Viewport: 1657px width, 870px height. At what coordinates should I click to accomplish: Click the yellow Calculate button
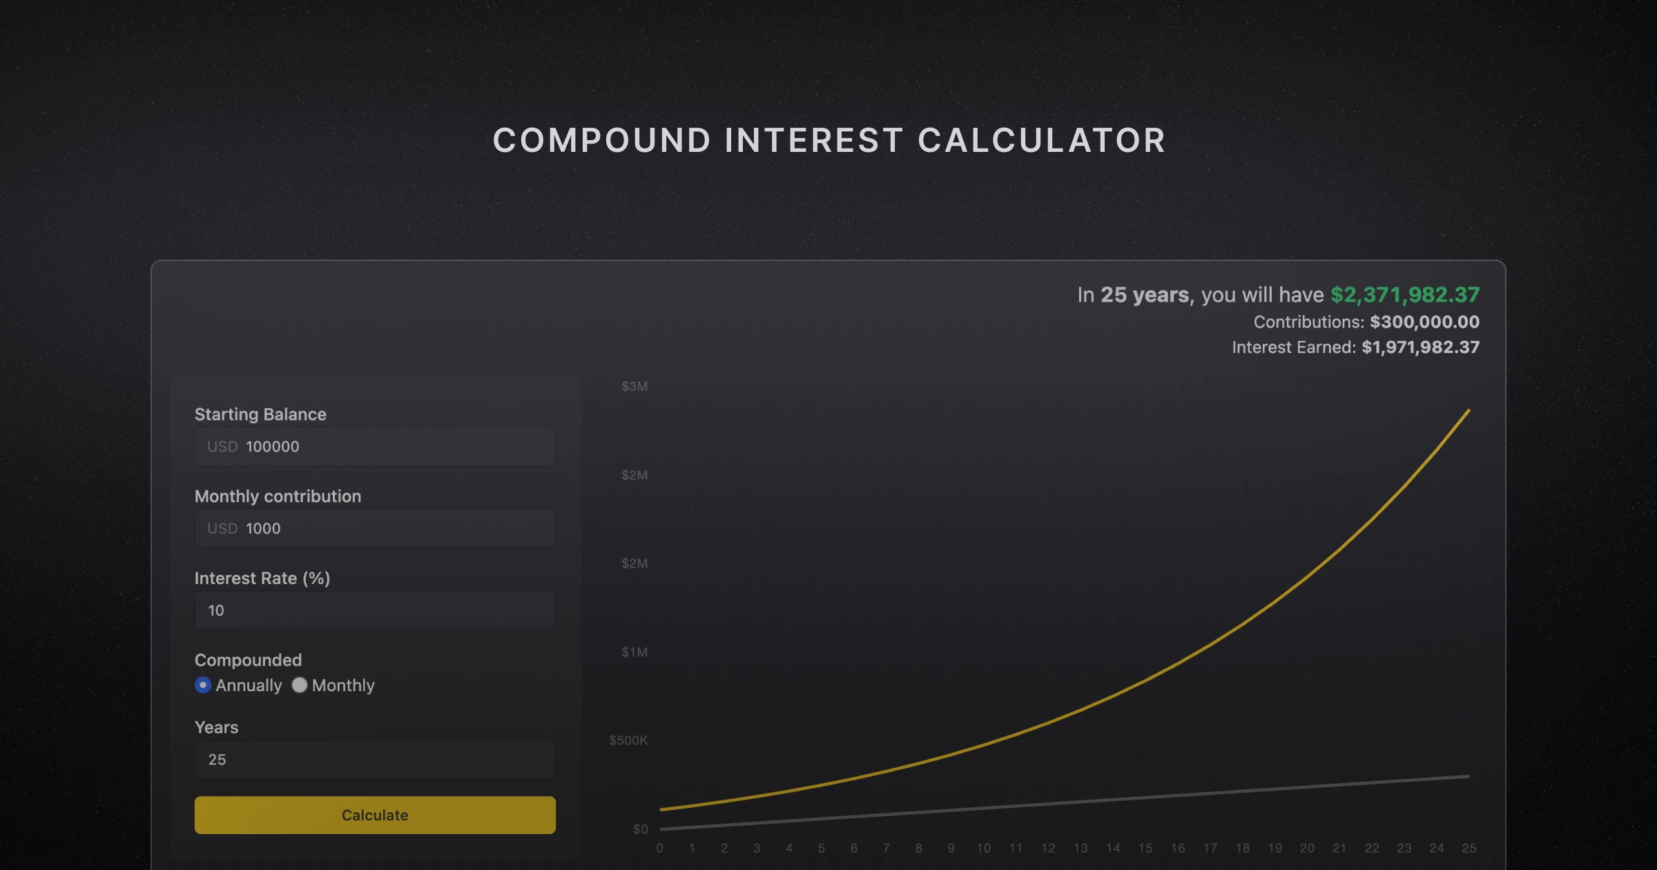[375, 815]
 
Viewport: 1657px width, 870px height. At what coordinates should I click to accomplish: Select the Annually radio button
[203, 685]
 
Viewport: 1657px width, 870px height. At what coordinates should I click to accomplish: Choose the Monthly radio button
[300, 685]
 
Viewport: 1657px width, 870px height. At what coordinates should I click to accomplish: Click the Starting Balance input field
[375, 447]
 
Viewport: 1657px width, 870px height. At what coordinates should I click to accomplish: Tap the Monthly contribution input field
[375, 528]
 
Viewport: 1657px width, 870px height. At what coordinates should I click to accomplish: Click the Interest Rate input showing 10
[375, 610]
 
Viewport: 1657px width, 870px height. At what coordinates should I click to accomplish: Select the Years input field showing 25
[375, 760]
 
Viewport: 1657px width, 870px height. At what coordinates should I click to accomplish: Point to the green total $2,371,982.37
[1404, 295]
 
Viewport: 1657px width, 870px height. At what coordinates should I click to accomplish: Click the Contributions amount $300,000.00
[1424, 322]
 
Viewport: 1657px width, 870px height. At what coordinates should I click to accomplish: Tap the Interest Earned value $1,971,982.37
[1420, 347]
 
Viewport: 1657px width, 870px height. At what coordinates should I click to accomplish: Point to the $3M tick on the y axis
[634, 387]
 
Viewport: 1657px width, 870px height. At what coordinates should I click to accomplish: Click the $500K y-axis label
[628, 740]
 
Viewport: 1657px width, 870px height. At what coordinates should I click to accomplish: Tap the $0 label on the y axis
[640, 829]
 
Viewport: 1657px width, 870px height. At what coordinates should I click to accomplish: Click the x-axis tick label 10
[983, 848]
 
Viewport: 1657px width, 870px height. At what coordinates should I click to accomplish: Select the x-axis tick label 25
[1469, 848]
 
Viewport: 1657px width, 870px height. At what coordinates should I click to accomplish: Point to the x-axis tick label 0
[660, 848]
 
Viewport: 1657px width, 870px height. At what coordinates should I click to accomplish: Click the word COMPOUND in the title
[601, 141]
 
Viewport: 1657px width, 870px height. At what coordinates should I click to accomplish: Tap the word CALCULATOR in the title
[1042, 141]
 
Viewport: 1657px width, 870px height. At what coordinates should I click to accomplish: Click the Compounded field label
[248, 660]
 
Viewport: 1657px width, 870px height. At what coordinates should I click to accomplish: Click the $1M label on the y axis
[634, 652]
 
